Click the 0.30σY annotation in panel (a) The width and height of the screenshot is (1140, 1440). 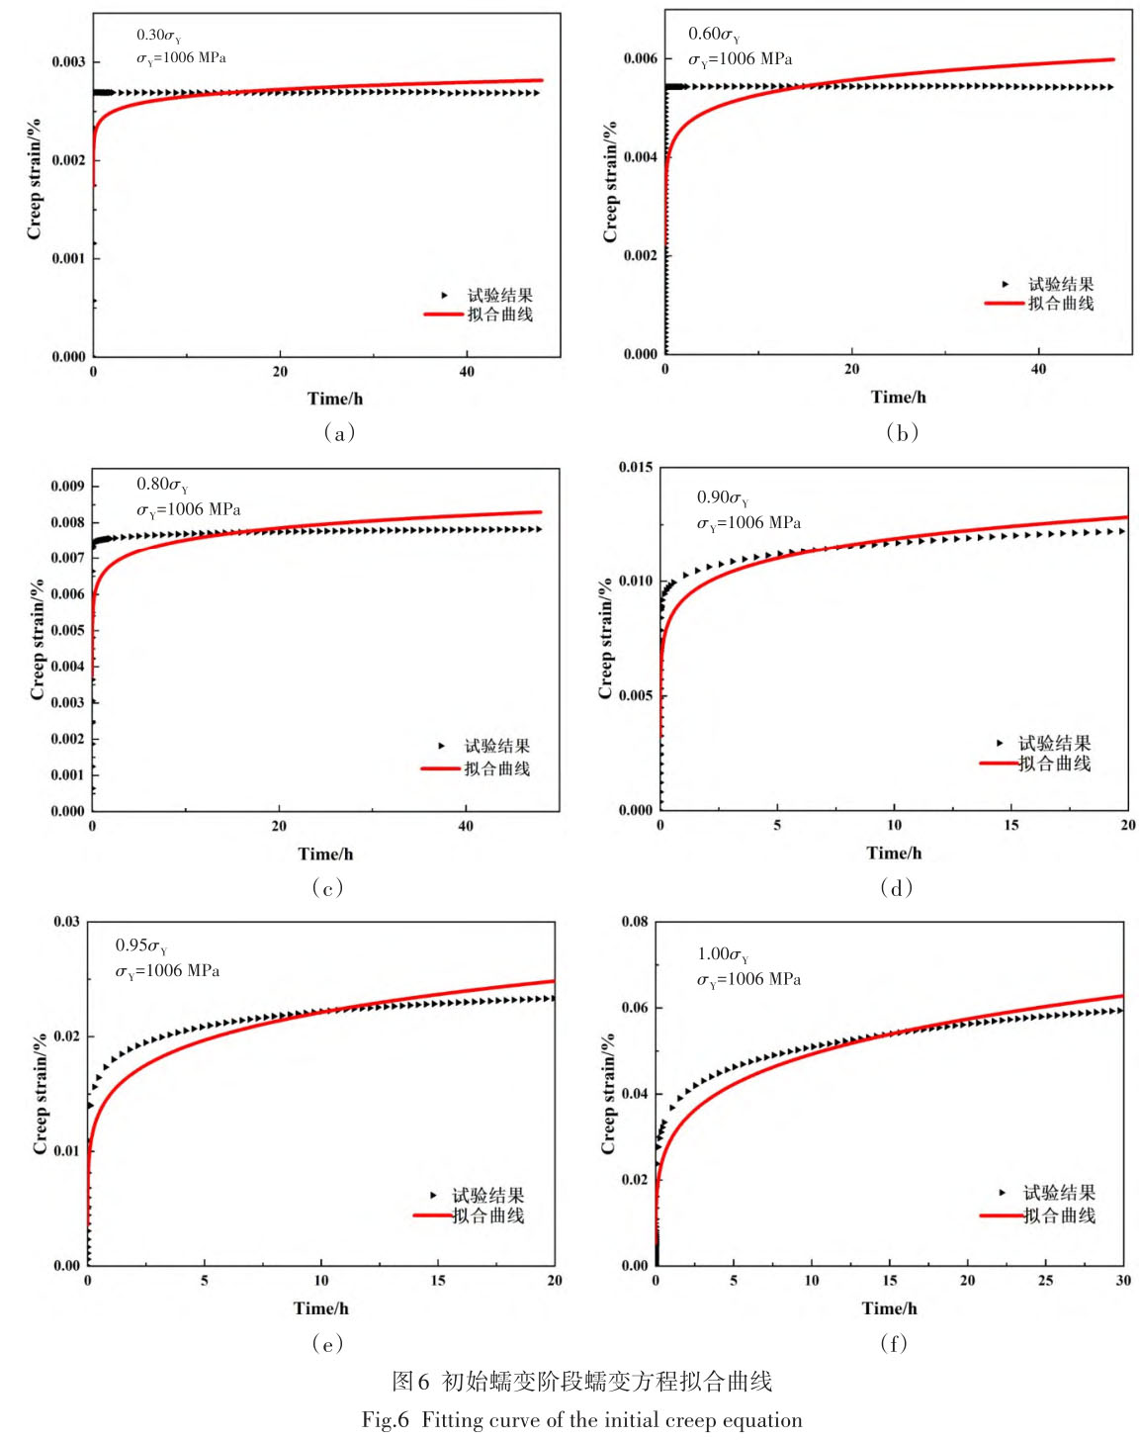click(x=159, y=36)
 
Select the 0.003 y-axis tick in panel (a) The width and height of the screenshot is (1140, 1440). click(x=68, y=62)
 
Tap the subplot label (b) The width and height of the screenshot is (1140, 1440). click(x=902, y=432)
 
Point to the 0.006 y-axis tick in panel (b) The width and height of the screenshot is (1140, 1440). click(x=640, y=58)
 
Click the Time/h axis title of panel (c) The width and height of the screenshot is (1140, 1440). click(x=325, y=854)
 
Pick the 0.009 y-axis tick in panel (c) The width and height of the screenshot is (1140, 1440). click(x=67, y=487)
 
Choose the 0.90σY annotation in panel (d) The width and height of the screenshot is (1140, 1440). click(x=723, y=497)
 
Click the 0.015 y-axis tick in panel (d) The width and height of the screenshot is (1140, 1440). click(x=636, y=467)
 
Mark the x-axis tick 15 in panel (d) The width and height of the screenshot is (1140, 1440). click(x=1010, y=825)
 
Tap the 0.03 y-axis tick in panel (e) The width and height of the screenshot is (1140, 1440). click(x=66, y=922)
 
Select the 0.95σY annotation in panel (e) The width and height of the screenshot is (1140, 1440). click(x=141, y=945)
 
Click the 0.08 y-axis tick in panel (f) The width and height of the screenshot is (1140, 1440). click(x=635, y=922)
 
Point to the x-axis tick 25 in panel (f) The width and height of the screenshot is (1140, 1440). click(x=1045, y=1280)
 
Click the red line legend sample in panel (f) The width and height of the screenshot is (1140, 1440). click(x=1001, y=1215)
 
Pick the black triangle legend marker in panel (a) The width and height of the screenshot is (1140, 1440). click(x=445, y=295)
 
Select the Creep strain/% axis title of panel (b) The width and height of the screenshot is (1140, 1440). click(x=610, y=182)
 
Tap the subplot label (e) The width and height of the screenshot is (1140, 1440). click(x=327, y=1343)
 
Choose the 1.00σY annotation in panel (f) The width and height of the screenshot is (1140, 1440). click(x=723, y=954)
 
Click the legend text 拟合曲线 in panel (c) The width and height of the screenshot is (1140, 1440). click(x=497, y=768)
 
